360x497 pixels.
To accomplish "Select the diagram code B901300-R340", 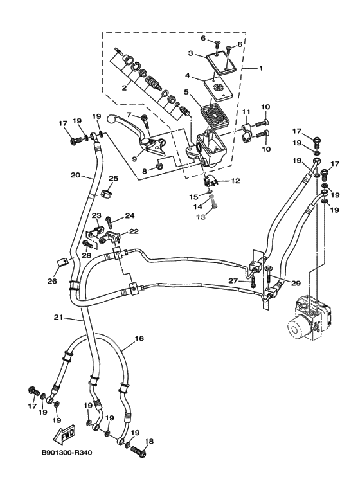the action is click(67, 453).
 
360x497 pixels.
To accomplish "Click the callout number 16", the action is click(139, 339).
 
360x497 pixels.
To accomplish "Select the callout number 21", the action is click(59, 317).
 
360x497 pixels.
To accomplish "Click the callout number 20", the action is click(75, 175).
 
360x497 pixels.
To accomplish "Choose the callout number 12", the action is click(235, 181).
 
